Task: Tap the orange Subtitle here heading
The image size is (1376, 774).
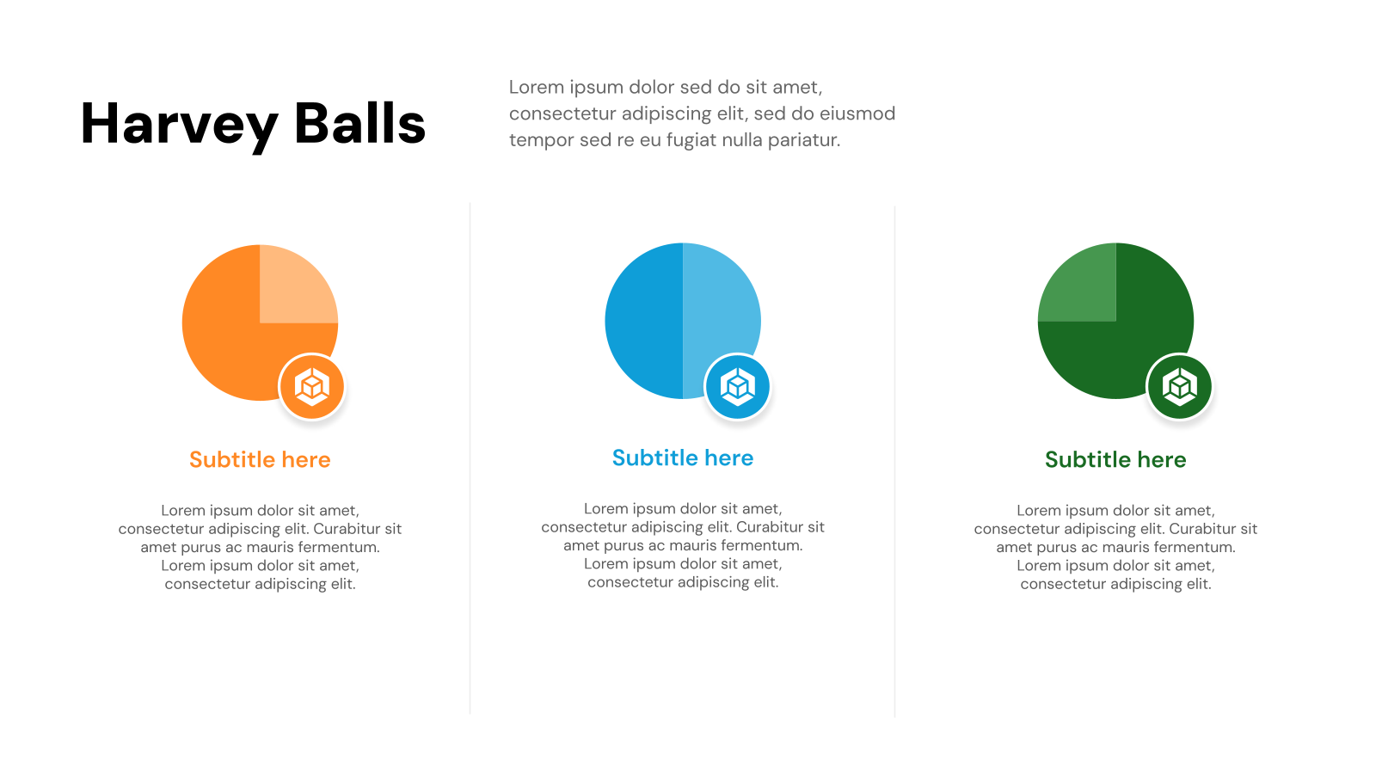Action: [x=260, y=460]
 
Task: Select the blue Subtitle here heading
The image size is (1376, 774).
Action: [x=683, y=458]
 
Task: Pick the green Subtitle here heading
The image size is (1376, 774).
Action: [x=1115, y=460]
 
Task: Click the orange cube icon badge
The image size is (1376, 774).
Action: [x=312, y=387]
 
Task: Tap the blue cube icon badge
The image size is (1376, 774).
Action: [x=738, y=387]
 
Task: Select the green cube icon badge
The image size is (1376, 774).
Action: [x=1180, y=387]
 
